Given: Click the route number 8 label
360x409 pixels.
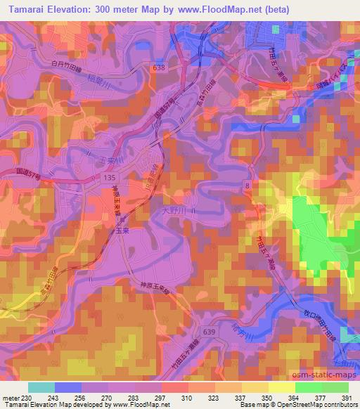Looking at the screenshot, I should pyautogui.click(x=247, y=184).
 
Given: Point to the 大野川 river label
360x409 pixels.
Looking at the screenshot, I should pyautogui.click(x=173, y=209).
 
